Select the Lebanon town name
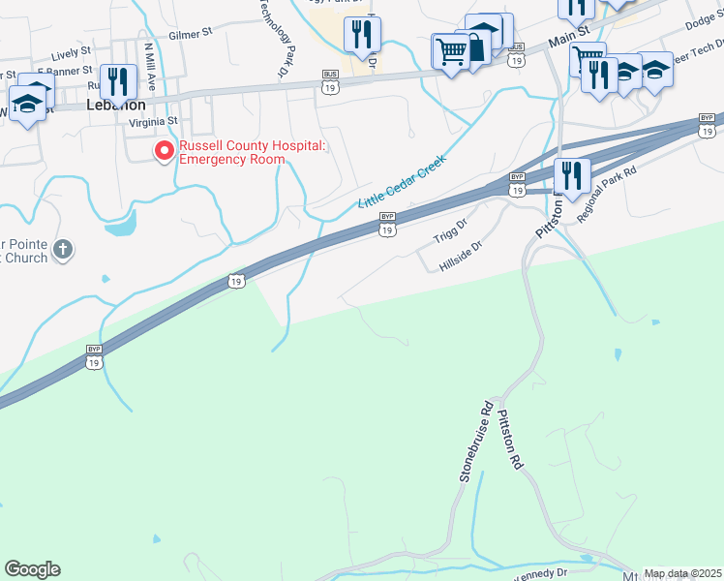116,105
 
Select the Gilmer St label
190,34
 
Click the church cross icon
63,250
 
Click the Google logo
32,569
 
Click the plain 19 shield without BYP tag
236,281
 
